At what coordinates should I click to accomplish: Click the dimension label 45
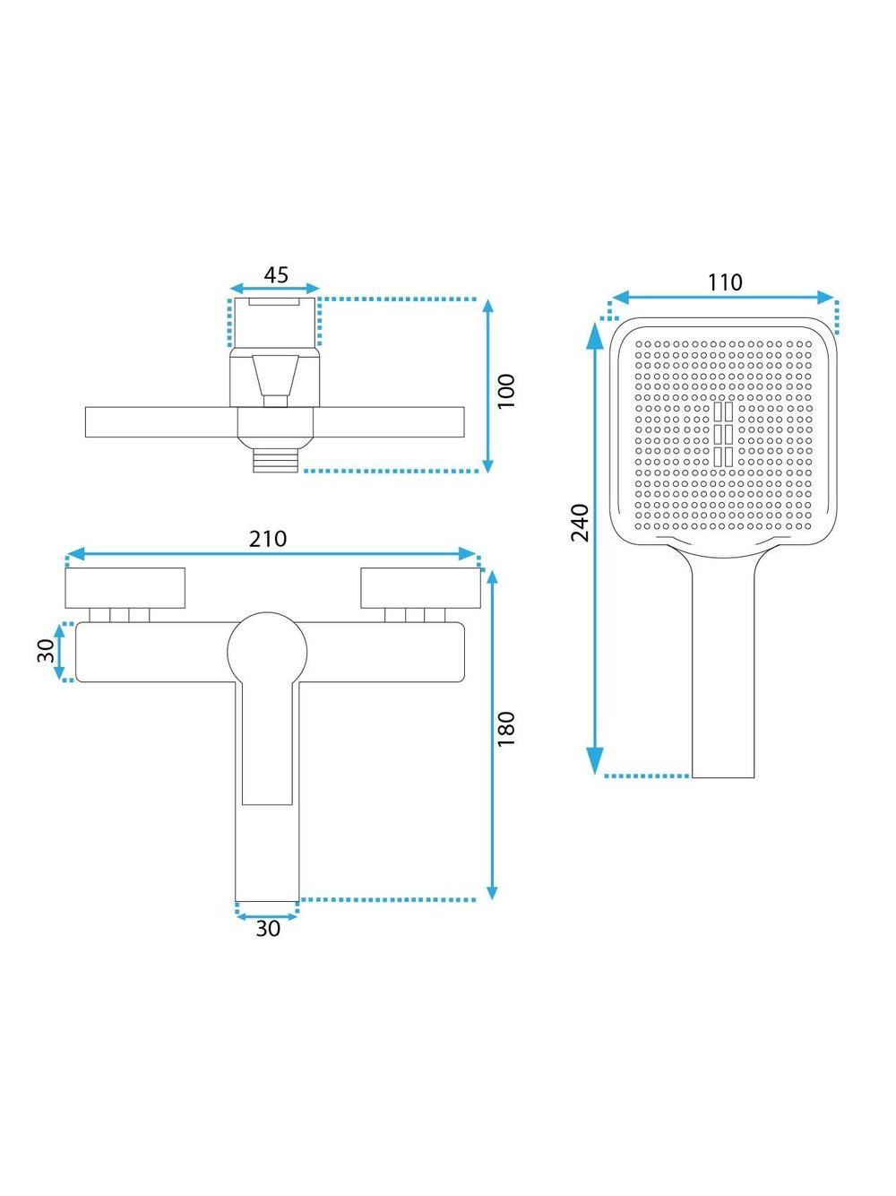point(276,275)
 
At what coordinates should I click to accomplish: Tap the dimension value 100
point(506,391)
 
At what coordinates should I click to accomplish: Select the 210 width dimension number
point(268,539)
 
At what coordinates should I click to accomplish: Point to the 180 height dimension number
point(506,730)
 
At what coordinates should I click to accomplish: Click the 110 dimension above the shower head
point(725,282)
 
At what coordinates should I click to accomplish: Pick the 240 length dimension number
point(580,523)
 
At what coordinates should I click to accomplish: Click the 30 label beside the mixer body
point(46,651)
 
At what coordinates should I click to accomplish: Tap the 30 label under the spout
point(268,929)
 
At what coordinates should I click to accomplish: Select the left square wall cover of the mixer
point(125,588)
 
